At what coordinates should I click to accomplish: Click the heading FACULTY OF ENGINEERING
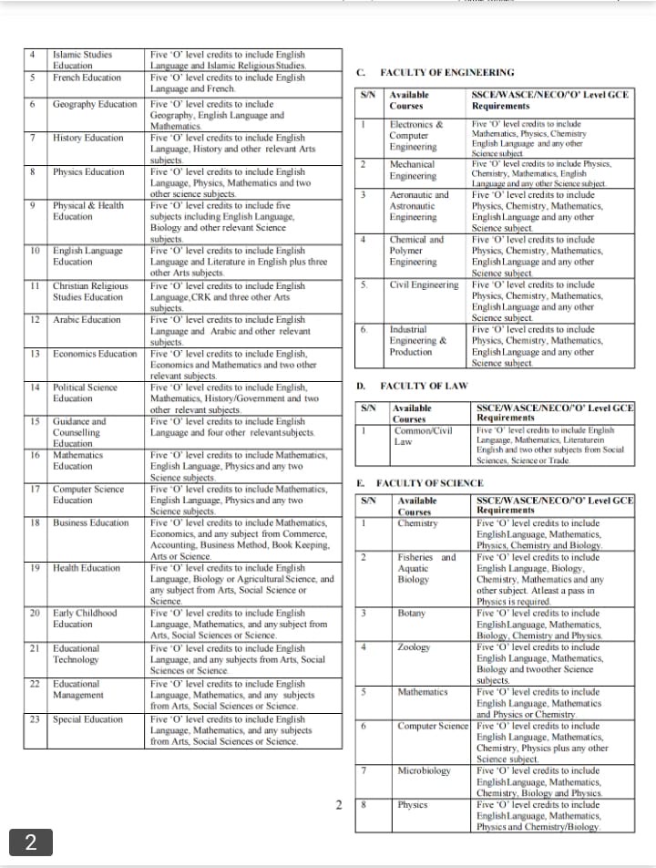[x=446, y=72]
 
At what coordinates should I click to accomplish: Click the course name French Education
[x=87, y=77]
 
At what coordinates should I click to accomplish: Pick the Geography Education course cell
[x=95, y=104]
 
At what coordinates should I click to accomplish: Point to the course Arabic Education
[x=87, y=319]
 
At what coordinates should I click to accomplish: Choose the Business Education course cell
[x=91, y=522]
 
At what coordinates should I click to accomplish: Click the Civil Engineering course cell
[x=424, y=284]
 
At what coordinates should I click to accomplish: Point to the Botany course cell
[x=411, y=613]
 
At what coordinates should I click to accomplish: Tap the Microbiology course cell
[x=424, y=770]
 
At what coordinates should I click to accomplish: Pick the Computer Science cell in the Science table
[x=433, y=726]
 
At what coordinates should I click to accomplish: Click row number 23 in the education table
[x=34, y=719]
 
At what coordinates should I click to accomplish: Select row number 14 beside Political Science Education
[x=34, y=387]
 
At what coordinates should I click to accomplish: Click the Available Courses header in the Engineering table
[x=409, y=100]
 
